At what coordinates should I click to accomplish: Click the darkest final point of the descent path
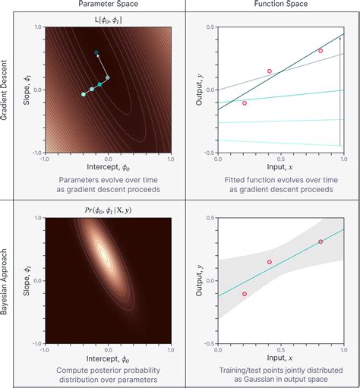click(x=96, y=52)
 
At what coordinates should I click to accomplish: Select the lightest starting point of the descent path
click(x=84, y=94)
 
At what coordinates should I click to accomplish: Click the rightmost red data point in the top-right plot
click(x=320, y=51)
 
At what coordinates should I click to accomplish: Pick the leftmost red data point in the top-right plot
click(x=244, y=103)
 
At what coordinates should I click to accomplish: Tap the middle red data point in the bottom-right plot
click(x=269, y=262)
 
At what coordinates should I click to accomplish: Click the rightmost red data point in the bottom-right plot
click(x=320, y=241)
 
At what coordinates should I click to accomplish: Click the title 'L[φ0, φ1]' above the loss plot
click(x=107, y=17)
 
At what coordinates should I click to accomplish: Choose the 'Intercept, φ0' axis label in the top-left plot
click(x=107, y=168)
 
